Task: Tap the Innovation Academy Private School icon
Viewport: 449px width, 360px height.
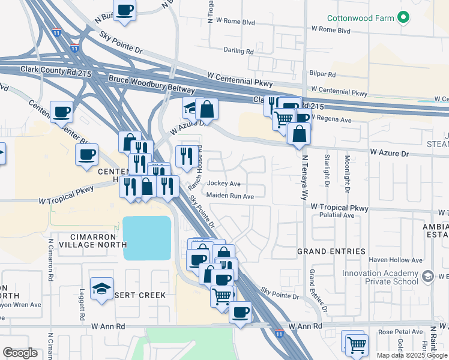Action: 428,277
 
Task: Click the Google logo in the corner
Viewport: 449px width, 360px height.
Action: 20,353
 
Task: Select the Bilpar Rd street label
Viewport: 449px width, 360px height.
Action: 323,74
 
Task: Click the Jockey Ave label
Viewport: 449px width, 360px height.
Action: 223,184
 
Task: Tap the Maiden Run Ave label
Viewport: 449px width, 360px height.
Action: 230,196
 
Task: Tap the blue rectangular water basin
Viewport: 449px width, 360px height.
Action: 147,238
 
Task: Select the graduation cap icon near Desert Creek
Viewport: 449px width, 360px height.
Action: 101,289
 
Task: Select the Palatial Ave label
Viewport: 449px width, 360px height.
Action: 336,214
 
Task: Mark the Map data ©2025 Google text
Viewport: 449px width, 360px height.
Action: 412,355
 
